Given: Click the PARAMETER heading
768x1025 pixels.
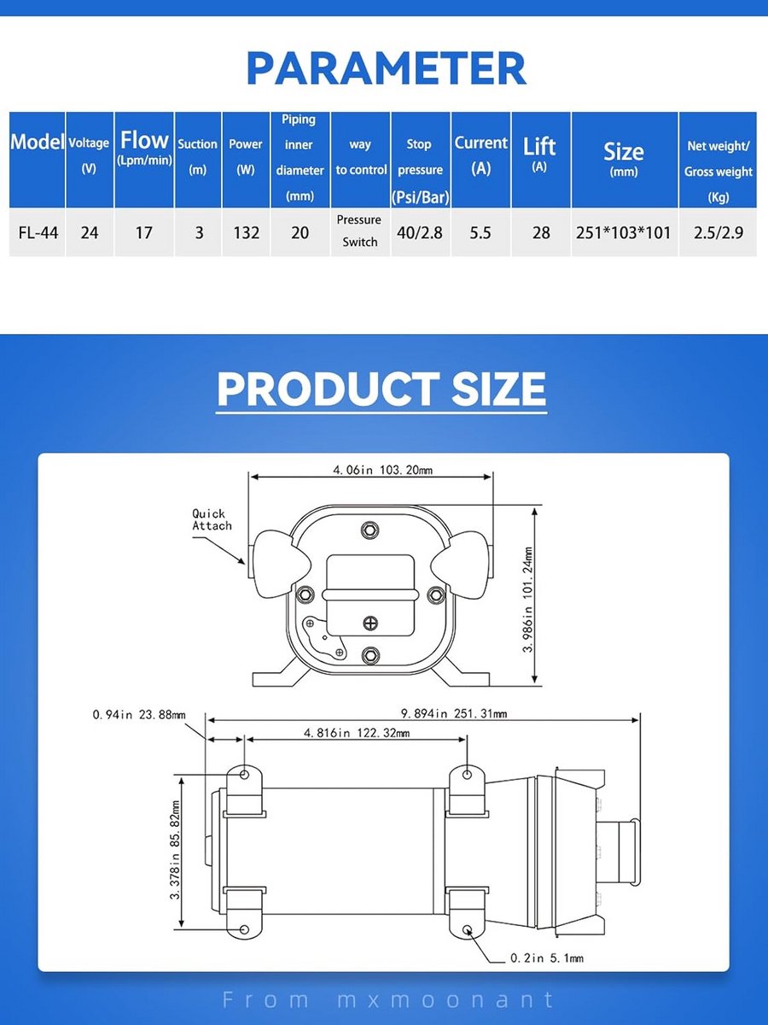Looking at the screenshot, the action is coord(386,68).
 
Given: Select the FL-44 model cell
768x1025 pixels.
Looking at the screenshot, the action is coord(38,232).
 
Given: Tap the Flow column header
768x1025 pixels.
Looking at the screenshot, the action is coord(144,148).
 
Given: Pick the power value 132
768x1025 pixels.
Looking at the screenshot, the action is coord(246,232).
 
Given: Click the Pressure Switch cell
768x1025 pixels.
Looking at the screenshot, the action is coord(359,231).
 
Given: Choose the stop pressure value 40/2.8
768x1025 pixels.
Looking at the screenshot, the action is coord(420,232).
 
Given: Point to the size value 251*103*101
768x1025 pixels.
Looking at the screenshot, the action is coord(623,232).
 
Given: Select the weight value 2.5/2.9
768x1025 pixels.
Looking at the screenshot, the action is coord(719,232).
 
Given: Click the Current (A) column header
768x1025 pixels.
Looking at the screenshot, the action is coord(480,155).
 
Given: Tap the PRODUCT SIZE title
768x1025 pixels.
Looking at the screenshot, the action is coord(381,389).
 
